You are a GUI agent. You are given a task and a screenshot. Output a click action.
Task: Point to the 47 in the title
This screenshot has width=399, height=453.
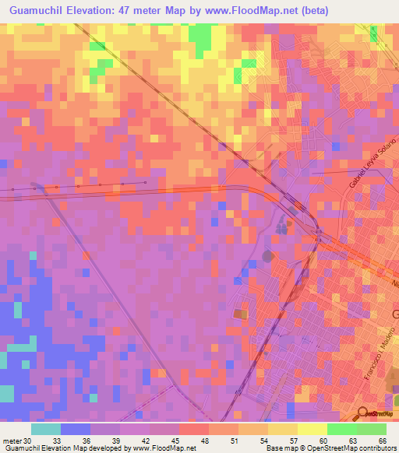click(x=135, y=10)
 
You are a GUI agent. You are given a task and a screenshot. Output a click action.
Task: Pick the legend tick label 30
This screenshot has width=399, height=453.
click(x=28, y=440)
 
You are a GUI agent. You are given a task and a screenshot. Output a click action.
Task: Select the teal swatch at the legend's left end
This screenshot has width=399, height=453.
click(x=46, y=429)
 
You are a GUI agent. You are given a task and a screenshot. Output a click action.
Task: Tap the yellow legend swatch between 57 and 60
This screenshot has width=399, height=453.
click(x=312, y=429)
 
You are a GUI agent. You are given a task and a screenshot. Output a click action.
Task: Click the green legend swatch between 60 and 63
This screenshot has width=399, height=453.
click(x=342, y=429)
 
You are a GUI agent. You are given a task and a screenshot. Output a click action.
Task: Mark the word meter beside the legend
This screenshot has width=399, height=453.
click(x=12, y=440)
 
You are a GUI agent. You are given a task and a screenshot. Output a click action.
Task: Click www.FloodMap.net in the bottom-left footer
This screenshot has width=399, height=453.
click(x=163, y=448)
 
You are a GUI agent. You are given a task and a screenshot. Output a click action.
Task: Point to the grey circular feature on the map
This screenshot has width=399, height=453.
click(x=269, y=255)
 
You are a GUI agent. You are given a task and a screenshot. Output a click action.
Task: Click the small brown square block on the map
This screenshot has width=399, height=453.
click(x=238, y=313)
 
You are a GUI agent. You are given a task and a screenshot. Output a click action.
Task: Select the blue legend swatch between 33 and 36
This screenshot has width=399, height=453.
click(x=76, y=429)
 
